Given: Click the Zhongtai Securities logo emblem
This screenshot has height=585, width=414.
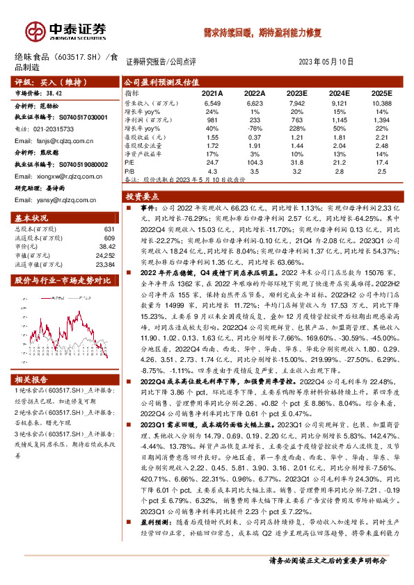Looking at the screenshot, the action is pyautogui.click(x=35, y=31).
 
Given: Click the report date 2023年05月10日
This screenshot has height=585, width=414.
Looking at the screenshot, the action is pyautogui.click(x=326, y=61).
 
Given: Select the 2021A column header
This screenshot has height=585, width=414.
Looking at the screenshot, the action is pyautogui.click(x=212, y=92).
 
